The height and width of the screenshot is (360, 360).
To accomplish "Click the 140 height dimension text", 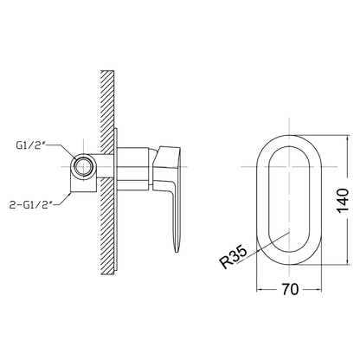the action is click(x=343, y=201).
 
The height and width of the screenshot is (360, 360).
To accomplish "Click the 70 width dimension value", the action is click(x=290, y=289).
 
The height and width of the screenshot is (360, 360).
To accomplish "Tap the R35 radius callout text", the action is click(x=234, y=256).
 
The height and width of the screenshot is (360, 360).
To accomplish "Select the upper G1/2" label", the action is click(x=31, y=145).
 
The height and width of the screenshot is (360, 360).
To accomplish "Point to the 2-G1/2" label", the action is click(x=31, y=205).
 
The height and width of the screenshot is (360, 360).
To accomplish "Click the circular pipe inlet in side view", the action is click(x=83, y=167).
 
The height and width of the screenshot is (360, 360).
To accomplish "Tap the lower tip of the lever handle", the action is click(x=177, y=252).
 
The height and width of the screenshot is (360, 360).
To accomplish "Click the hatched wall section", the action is click(x=108, y=172).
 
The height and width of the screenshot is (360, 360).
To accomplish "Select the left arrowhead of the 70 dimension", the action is click(x=259, y=289).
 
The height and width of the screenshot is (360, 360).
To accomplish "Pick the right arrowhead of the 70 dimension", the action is click(x=319, y=289).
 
